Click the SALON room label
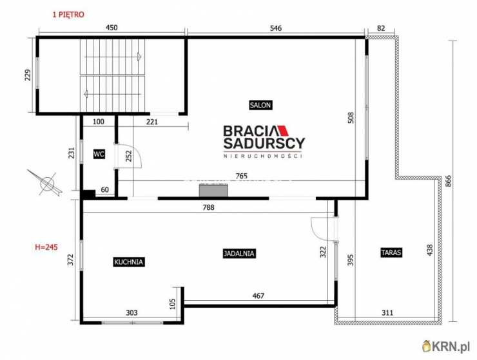pyautogui.click(x=260, y=105)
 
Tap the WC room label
pyautogui.click(x=99, y=155)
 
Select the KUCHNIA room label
pyautogui.click(x=128, y=262)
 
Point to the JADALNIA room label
pyautogui.click(x=239, y=253)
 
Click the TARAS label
pyautogui.click(x=391, y=252)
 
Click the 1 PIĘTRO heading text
pyautogui.click(x=68, y=14)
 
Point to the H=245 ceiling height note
pyautogui.click(x=46, y=247)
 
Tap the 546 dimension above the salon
pyautogui.click(x=276, y=28)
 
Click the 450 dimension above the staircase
pyautogui.click(x=112, y=28)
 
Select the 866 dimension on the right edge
pyautogui.click(x=448, y=181)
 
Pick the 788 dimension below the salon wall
pyautogui.click(x=208, y=207)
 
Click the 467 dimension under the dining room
pyautogui.click(x=258, y=296)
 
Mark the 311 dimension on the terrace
pyautogui.click(x=387, y=312)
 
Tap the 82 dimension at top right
pyautogui.click(x=381, y=28)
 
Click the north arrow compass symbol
pyautogui.click(x=46, y=183)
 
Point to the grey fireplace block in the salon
pyautogui.click(x=213, y=191)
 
